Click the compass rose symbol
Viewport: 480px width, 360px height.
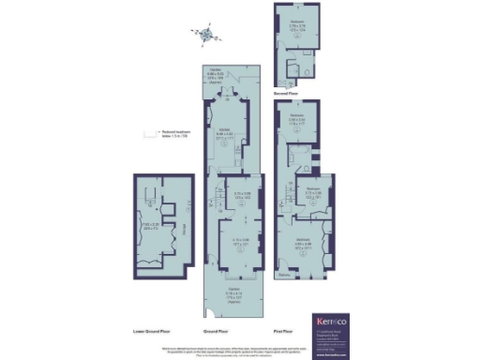tap(206, 36)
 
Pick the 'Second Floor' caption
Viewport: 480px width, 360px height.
tap(287, 94)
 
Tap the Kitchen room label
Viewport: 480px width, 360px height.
tap(225, 132)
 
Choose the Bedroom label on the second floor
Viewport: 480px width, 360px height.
tap(296, 23)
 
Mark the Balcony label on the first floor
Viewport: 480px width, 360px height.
tap(285, 275)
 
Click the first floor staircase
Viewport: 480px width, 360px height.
tap(286, 192)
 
